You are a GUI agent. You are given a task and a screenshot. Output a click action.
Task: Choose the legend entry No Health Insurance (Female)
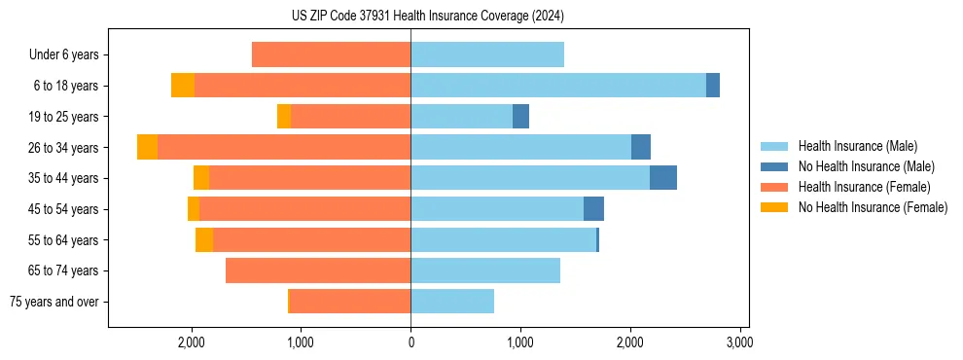(x=872, y=207)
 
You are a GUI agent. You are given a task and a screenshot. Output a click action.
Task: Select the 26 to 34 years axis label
(x=64, y=148)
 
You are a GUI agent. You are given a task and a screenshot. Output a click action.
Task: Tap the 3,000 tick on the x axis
(x=739, y=342)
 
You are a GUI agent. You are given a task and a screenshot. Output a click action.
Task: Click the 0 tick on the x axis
(x=410, y=342)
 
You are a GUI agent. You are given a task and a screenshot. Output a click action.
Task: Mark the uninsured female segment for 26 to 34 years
(x=147, y=147)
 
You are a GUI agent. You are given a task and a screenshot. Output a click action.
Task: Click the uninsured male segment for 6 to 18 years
(x=713, y=86)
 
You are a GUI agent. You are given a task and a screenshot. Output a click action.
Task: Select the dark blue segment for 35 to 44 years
(x=663, y=178)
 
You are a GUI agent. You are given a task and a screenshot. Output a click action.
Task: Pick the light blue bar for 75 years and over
(x=452, y=302)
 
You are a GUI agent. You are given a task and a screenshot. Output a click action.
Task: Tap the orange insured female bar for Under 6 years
(x=331, y=54)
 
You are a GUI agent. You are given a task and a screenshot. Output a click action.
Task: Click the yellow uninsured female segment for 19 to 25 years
(x=284, y=117)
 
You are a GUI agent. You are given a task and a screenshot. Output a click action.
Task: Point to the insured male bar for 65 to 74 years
(x=485, y=270)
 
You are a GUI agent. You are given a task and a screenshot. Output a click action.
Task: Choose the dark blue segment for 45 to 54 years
(x=593, y=209)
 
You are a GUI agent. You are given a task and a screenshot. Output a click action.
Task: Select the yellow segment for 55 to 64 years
(x=204, y=240)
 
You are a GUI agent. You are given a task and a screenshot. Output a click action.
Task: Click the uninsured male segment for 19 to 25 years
(x=521, y=117)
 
